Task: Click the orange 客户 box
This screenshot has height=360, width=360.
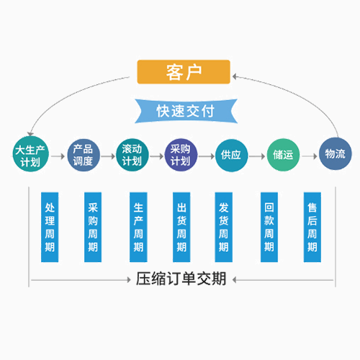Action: pos(184,72)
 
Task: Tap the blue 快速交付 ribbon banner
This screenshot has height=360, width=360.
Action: pos(186,111)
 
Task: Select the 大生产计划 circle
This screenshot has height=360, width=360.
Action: pos(30,154)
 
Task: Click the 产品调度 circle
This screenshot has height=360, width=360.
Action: pos(83,155)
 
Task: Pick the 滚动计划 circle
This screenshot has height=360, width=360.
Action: pos(132,155)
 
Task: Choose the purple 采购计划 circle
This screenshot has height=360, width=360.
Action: pos(181,155)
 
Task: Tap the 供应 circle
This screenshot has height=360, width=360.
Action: pos(231,156)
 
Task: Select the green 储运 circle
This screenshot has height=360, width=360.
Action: pos(283,155)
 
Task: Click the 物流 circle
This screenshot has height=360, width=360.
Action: pos(336,153)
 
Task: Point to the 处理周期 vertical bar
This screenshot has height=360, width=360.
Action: pos(50,227)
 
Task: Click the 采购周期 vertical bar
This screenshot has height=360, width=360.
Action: pos(93,227)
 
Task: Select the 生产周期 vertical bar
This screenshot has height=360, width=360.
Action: pos(138,227)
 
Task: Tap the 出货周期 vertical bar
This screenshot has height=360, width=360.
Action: pos(181,227)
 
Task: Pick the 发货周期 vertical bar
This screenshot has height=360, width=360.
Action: pos(224,227)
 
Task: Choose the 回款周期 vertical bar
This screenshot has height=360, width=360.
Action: pos(269,227)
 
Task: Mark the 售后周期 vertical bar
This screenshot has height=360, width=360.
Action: pos(312,227)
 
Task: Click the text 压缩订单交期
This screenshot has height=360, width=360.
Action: pos(181,279)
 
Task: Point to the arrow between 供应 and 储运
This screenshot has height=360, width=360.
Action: pos(257,156)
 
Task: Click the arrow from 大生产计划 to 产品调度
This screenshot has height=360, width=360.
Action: pos(58,156)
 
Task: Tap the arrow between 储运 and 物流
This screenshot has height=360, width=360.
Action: pos(310,156)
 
